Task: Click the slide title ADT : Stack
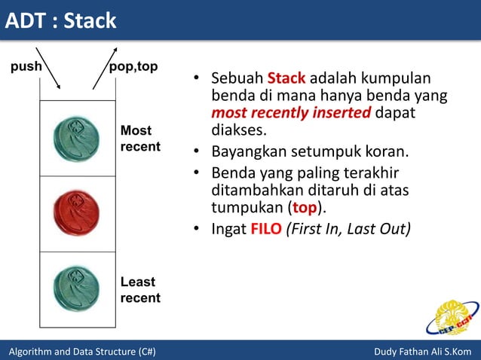click(62, 20)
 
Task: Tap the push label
click(25, 66)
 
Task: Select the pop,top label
click(133, 66)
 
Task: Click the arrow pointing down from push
click(48, 67)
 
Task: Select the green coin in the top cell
click(76, 138)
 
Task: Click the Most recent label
click(140, 139)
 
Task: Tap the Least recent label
click(140, 290)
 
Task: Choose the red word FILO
click(266, 228)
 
